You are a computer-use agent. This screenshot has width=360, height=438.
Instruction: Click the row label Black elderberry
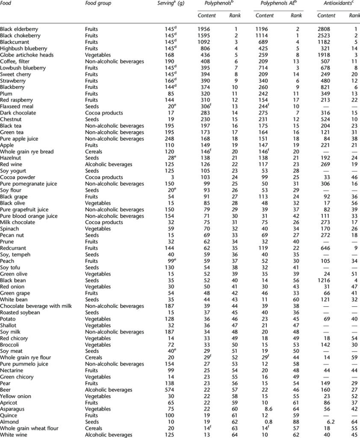(x=19, y=29)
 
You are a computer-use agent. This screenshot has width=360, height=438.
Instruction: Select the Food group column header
(x=98, y=3)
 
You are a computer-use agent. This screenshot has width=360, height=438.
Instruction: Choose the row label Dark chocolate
(x=18, y=113)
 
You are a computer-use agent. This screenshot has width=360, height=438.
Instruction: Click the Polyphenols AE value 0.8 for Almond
(x=269, y=422)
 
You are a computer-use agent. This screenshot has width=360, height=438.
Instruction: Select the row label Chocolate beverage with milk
(x=36, y=306)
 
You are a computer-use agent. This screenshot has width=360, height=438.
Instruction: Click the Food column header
(x=6, y=3)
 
